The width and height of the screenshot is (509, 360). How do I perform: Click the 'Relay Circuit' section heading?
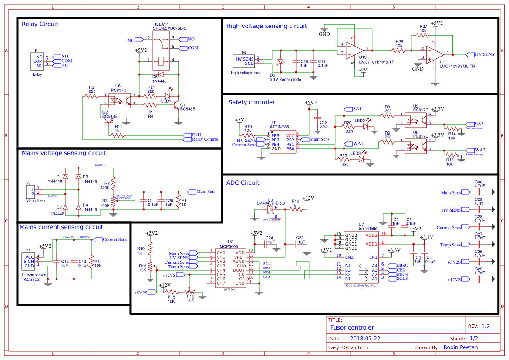(x=40, y=24)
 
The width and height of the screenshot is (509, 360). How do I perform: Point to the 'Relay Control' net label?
(x=205, y=139)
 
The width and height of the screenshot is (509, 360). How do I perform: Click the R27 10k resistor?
(x=423, y=36)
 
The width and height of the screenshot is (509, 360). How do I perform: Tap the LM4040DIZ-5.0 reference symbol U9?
(x=270, y=209)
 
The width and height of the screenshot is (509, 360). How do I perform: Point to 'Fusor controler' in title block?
(x=352, y=327)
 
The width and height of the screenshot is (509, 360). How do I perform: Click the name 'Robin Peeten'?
(x=460, y=347)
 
